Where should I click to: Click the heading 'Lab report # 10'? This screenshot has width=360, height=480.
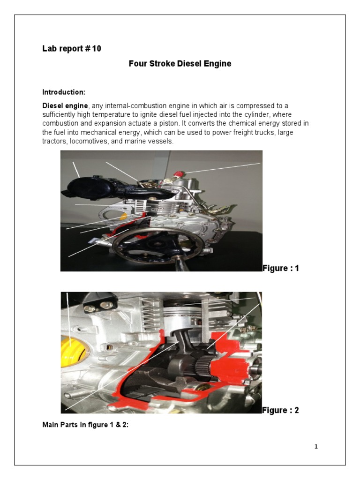pyautogui.click(x=72, y=49)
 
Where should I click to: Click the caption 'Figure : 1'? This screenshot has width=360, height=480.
pyautogui.click(x=280, y=268)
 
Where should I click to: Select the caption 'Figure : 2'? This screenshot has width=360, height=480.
pyautogui.click(x=280, y=410)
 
